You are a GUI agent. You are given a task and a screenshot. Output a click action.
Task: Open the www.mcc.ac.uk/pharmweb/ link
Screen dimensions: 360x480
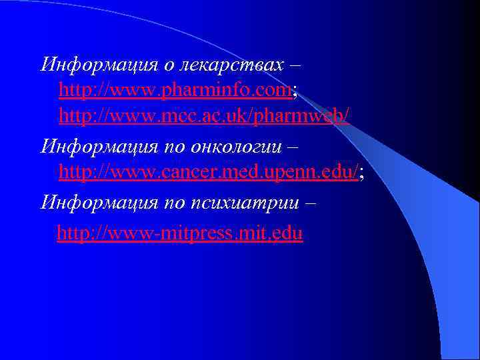204,116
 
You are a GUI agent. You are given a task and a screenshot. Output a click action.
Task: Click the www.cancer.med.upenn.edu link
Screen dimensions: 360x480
209,173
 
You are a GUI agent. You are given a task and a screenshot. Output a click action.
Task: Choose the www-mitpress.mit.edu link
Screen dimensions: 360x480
180,233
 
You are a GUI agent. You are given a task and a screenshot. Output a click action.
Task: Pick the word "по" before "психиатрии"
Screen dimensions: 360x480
176,201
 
